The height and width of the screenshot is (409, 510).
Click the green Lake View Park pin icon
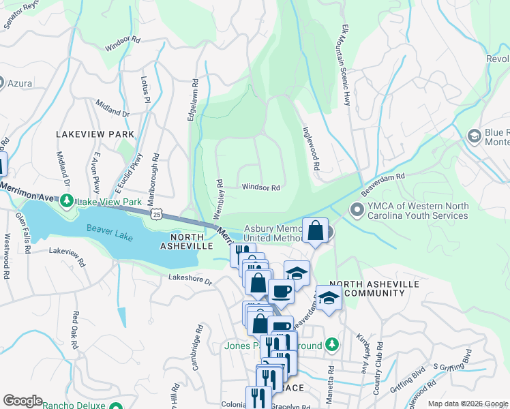pyautogui.click(x=66, y=200)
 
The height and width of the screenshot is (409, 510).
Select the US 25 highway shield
pyautogui.click(x=158, y=214)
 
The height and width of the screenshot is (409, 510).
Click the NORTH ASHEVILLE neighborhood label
pyautogui.click(x=187, y=241)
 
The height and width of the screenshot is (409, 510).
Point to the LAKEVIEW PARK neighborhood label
pyautogui.click(x=95, y=134)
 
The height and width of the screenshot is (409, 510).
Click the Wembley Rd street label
pyautogui.click(x=220, y=197)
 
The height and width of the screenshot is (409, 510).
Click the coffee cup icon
pyautogui.click(x=281, y=292)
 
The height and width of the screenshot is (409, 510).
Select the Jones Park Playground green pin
pyautogui.click(x=331, y=344)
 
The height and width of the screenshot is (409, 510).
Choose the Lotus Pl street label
pyautogui.click(x=145, y=89)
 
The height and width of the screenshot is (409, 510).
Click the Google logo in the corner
pyautogui.click(x=23, y=400)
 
